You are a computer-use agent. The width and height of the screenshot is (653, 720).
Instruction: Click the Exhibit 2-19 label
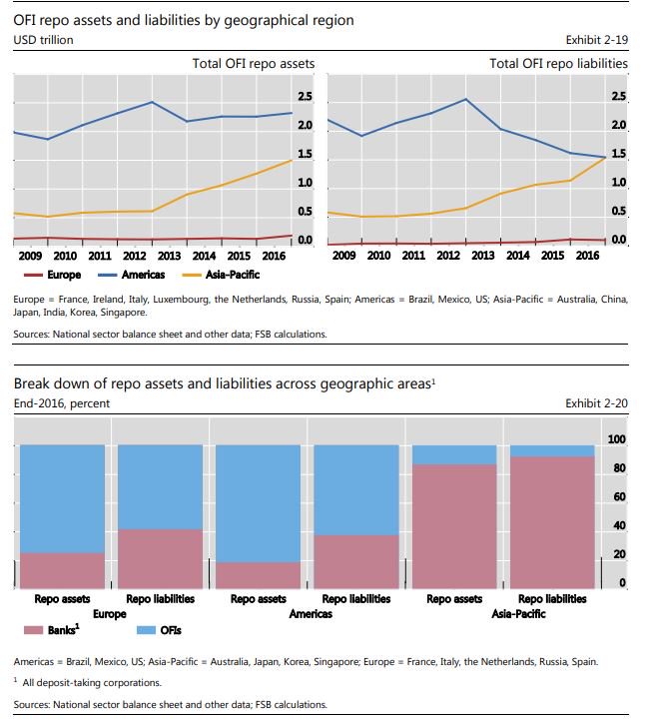[596, 40]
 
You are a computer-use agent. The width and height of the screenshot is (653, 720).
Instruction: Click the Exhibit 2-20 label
[596, 403]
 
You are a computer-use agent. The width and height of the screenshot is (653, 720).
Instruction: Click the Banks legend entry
[45, 630]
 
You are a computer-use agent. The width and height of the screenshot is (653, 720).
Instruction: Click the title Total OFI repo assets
[253, 63]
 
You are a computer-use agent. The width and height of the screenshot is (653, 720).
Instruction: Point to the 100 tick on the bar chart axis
[617, 439]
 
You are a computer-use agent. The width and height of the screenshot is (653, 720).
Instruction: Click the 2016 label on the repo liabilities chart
[586, 256]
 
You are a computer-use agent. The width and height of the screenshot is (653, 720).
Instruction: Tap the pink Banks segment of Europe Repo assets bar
[62, 570]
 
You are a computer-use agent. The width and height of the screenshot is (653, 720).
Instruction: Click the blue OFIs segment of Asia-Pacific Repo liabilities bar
[552, 450]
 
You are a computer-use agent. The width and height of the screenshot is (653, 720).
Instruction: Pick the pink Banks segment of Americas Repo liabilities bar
[356, 561]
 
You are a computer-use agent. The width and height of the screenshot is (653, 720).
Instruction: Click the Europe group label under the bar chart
[110, 614]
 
